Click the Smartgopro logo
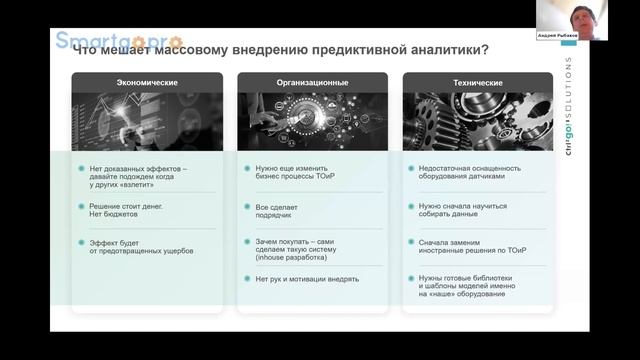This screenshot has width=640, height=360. (117, 42)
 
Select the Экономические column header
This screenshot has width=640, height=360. (147, 82)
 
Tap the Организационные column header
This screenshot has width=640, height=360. (312, 82)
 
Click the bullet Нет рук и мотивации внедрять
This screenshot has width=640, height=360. (306, 279)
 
